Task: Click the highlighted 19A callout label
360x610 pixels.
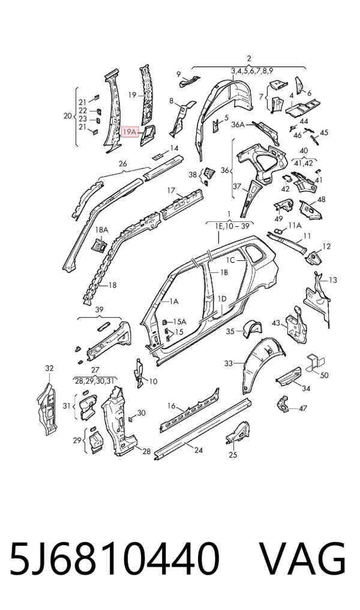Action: (129, 133)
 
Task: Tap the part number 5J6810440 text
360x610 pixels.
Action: (115, 558)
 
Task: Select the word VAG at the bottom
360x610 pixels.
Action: (302, 558)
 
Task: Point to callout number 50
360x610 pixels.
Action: (324, 375)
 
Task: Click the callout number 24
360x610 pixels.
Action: (199, 450)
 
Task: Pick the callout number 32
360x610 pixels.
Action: (49, 368)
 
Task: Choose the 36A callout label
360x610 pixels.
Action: (238, 125)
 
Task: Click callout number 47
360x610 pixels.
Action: (303, 408)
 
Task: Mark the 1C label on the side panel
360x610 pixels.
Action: (231, 260)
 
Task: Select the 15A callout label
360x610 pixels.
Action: (179, 321)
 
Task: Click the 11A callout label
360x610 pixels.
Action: (295, 226)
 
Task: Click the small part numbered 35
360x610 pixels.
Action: (251, 329)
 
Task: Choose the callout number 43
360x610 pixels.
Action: (276, 323)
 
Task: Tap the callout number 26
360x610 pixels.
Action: (122, 164)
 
